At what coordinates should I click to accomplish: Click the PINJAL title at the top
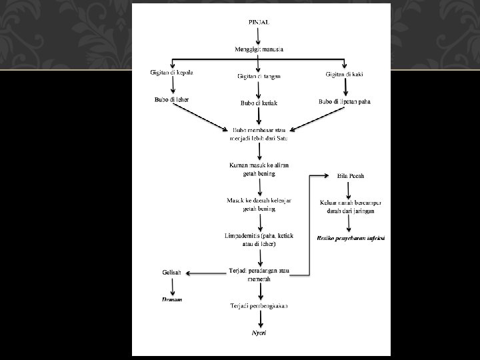259,22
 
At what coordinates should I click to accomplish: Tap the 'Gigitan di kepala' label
171,72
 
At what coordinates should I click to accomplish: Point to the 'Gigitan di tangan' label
259,76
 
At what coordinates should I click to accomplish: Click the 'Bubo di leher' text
172,99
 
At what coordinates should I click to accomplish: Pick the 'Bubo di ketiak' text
259,103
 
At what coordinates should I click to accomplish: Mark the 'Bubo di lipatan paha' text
345,102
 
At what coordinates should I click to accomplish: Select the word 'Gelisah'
171,273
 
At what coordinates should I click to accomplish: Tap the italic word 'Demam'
172,299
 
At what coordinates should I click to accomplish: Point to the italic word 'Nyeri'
259,332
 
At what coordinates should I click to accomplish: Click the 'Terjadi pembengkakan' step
259,305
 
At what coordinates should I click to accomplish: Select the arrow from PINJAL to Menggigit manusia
259,35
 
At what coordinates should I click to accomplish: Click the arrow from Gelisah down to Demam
173,286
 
